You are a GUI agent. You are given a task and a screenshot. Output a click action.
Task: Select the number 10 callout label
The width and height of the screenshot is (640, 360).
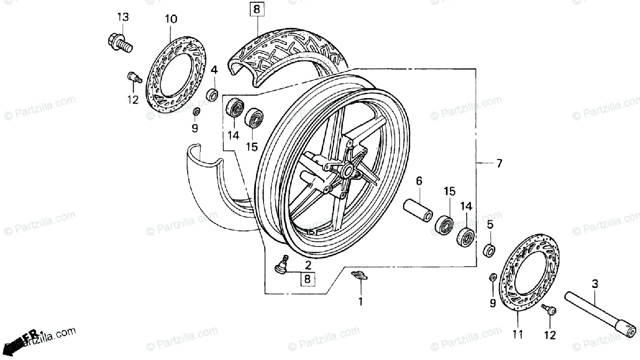click(x=170, y=20)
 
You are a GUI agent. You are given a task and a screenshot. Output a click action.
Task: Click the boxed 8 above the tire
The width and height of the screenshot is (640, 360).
click(x=257, y=9)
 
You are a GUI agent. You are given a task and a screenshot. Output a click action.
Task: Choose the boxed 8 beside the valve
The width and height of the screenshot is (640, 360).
click(x=307, y=278)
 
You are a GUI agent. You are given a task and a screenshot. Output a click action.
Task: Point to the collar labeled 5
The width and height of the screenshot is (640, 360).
click(x=489, y=250)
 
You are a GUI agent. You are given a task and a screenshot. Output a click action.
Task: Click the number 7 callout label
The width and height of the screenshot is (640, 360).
click(x=499, y=164)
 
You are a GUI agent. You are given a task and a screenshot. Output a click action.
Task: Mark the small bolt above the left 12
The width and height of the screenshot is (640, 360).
click(x=133, y=78)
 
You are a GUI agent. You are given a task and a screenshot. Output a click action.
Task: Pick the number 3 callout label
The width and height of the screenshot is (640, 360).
click(x=595, y=284)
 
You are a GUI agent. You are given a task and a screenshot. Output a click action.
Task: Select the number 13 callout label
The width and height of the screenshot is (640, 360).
click(x=123, y=17)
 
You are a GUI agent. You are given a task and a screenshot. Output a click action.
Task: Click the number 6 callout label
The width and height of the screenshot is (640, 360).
click(x=419, y=181)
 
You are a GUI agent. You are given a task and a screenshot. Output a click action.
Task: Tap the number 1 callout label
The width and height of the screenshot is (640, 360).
click(x=360, y=302)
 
